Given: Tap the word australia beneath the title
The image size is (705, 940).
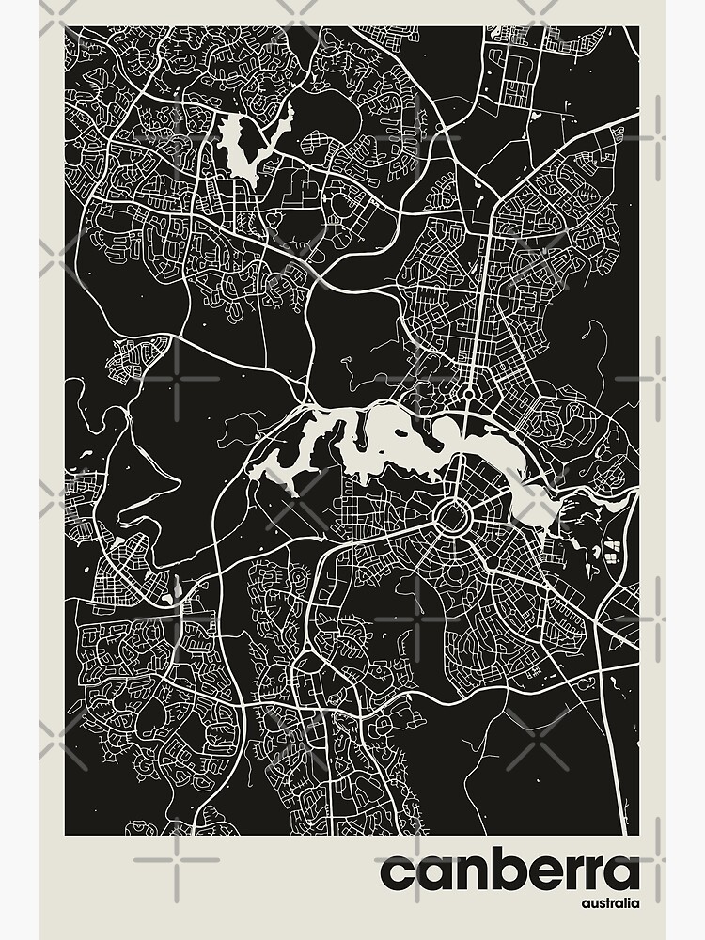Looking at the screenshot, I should [610, 904].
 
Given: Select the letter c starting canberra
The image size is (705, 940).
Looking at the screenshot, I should [396, 875].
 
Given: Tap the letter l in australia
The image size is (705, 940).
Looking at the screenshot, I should [627, 903].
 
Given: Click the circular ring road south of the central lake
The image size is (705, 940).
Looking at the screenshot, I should [453, 514].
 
